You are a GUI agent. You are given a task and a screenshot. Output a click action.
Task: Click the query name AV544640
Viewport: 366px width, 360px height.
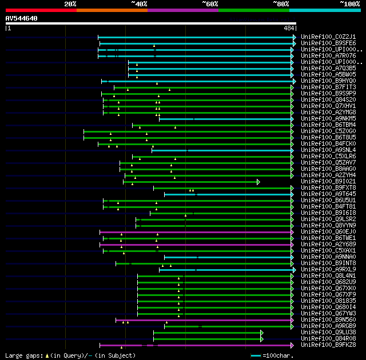coord(21,18)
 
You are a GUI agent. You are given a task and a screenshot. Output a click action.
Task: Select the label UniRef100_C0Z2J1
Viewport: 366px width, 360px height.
coord(328,37)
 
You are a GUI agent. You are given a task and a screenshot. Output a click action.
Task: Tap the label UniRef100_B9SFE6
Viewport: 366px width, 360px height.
coord(328,43)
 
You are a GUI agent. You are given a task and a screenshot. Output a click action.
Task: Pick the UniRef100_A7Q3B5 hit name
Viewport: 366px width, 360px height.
coord(328,68)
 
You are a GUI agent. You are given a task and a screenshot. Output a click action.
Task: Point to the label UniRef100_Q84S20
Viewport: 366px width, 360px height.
coord(328,99)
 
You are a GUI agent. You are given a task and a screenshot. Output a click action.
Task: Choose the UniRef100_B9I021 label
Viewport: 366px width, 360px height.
coord(328,181)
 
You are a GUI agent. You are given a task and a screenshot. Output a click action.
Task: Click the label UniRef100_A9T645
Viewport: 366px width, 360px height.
coord(328,194)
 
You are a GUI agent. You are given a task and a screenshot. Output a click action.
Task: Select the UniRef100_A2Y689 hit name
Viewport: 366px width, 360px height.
coord(328,244)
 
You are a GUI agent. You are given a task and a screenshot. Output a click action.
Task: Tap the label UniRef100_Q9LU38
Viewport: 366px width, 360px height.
coord(328,332)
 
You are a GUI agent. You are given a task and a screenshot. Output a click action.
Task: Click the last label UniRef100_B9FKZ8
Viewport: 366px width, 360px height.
coord(328,345)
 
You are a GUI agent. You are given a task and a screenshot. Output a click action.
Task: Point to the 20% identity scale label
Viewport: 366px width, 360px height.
coord(70,4)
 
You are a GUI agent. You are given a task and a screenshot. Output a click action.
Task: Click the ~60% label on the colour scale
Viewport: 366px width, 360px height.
coord(210,4)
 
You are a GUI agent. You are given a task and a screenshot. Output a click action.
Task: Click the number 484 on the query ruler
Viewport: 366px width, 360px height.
coord(288,28)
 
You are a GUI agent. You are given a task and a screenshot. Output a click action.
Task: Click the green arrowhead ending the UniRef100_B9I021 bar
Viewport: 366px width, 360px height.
coord(258,181)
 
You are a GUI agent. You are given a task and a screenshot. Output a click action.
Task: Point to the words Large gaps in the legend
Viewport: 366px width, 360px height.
coord(23,355)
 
